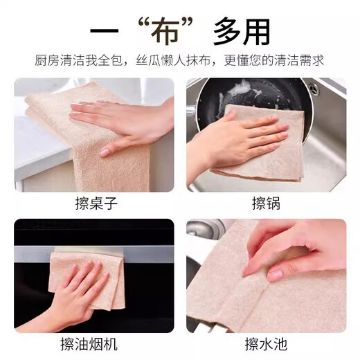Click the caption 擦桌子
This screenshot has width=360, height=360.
coord(94,204)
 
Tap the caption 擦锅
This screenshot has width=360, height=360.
coord(266,204)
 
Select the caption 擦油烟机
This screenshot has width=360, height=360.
coord(94,344)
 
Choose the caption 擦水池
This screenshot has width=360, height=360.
coord(266,344)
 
